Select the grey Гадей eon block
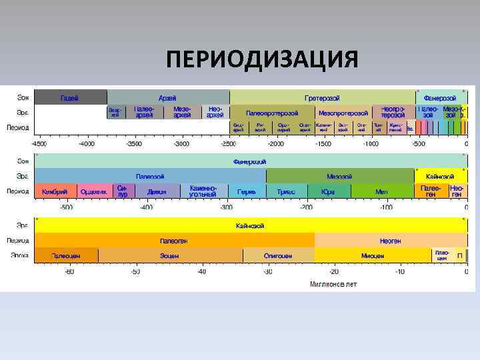point(70,98)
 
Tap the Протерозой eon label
point(323,98)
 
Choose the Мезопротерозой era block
point(343,113)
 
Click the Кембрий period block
point(55,192)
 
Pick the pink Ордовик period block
point(94,192)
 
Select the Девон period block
point(157,192)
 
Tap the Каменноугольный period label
point(203,192)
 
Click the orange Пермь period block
point(247,192)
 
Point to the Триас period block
point(286,192)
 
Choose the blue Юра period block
point(328,192)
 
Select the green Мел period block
point(381,192)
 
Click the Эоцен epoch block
point(170,255)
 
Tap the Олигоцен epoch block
point(278,255)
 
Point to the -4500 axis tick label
point(39,143)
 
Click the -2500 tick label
point(229,143)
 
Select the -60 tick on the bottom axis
point(69,272)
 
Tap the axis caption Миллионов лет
point(333,284)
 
